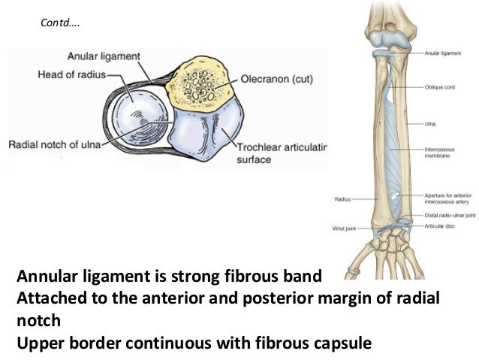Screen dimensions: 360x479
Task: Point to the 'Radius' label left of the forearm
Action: point(342,200)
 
